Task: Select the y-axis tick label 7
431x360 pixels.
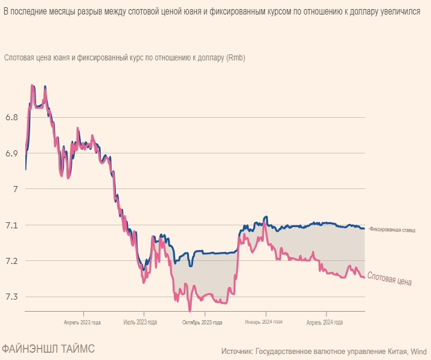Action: click(14, 189)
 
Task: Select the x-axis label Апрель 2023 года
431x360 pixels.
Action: click(82, 323)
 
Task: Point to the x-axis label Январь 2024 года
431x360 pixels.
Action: click(263, 323)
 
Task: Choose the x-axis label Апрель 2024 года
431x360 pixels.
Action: click(325, 323)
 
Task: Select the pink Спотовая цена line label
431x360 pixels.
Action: click(390, 280)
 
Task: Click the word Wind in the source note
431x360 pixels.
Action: click(420, 351)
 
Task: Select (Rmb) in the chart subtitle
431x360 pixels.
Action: click(235, 58)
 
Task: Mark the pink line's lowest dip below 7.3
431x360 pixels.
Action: click(190, 310)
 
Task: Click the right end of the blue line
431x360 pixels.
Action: click(363, 228)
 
